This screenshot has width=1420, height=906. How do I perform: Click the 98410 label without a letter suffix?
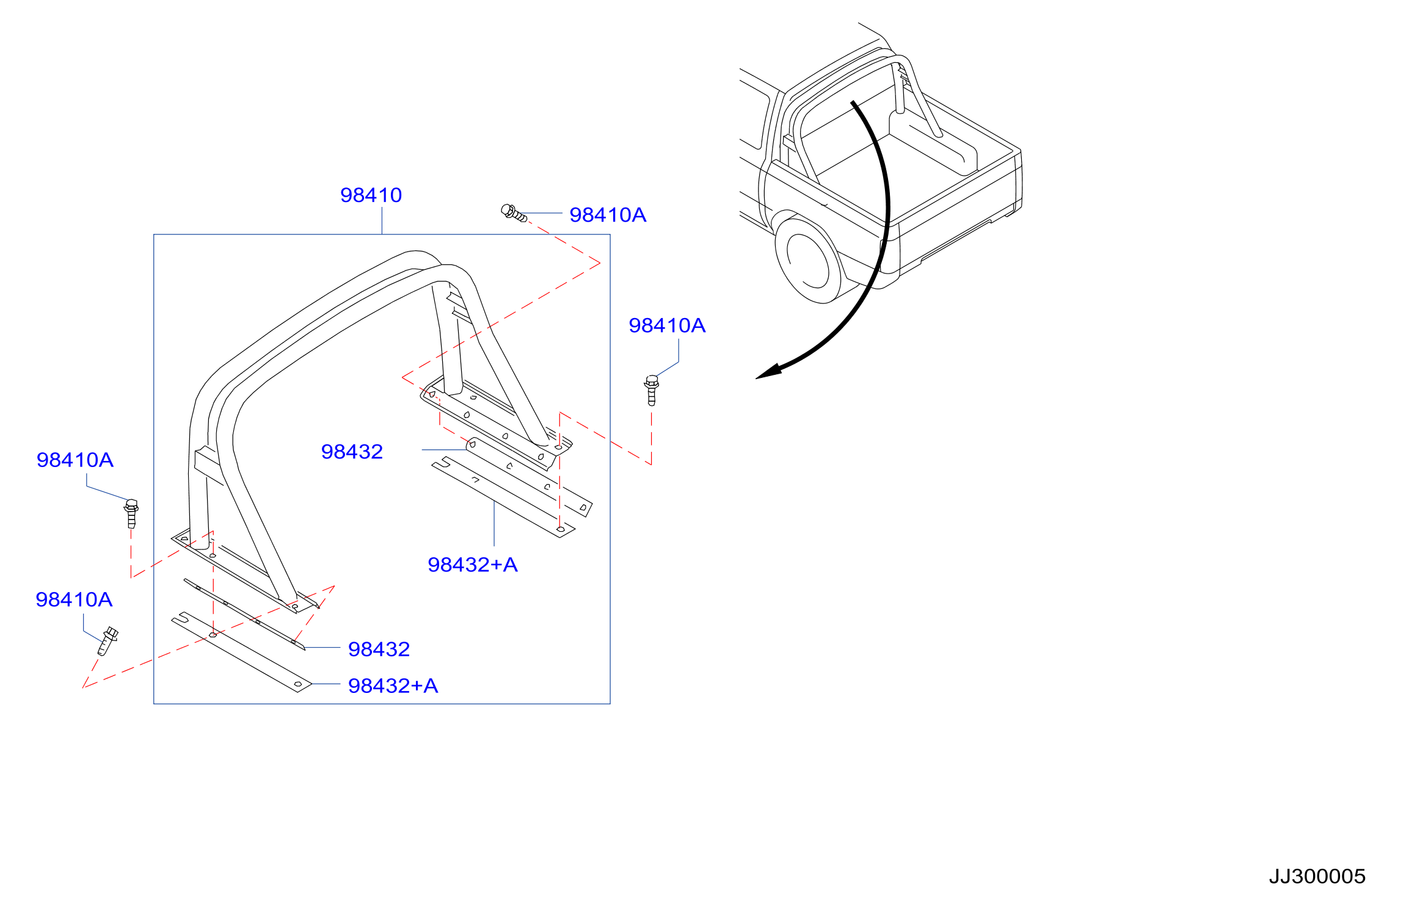371,195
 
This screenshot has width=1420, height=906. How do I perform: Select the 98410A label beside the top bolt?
608,215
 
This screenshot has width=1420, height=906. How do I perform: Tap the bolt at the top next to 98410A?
514,213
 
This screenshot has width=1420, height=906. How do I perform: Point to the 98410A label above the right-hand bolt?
667,325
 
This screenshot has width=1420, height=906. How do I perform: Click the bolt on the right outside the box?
652,390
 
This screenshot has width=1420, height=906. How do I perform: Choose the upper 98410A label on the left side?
75,460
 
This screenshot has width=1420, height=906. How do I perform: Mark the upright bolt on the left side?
131,513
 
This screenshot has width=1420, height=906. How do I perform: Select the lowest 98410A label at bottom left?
74,600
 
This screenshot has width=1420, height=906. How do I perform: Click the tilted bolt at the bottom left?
108,641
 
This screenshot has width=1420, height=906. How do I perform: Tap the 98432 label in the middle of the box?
352,452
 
